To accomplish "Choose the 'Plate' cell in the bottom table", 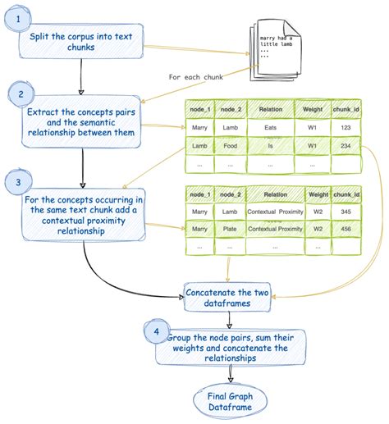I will point(230,229).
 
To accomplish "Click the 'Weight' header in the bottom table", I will point(317,194).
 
